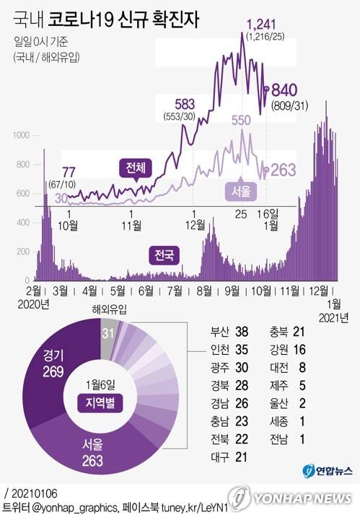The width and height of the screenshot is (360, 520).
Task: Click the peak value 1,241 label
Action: click(x=265, y=23)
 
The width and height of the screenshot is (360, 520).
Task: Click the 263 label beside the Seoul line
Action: click(x=284, y=169)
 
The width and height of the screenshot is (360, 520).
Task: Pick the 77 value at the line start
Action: click(x=69, y=172)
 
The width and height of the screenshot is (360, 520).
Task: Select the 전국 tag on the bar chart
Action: click(x=164, y=254)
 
